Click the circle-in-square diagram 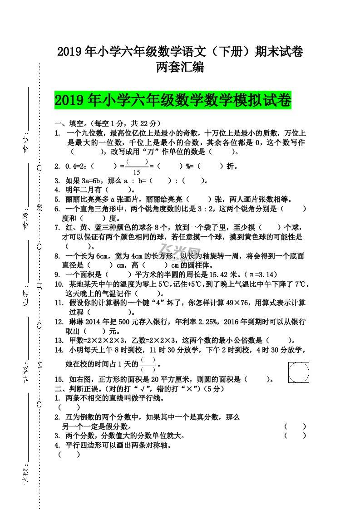(x=299, y=372)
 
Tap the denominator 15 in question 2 (x=137, y=172)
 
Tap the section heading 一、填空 (x=69, y=123)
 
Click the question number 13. (x=59, y=341)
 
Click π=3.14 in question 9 (x=261, y=274)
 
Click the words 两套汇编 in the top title (x=180, y=67)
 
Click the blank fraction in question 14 (x=148, y=364)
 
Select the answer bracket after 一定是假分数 (x=295, y=426)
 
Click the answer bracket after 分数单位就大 (x=295, y=436)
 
